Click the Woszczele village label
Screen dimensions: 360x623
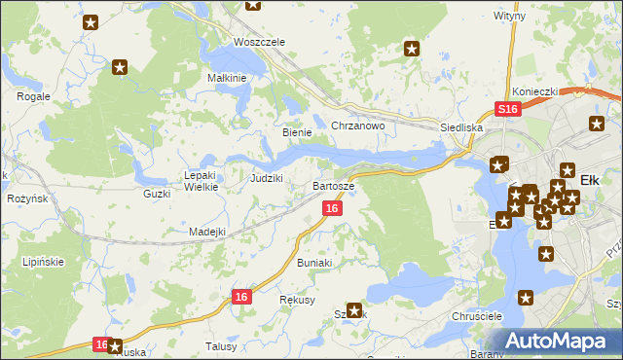tap(259, 42)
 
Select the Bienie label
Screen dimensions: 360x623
tap(296, 132)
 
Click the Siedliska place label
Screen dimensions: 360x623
tap(461, 127)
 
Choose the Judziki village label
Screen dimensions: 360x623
tap(267, 178)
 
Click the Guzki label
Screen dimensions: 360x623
tap(157, 194)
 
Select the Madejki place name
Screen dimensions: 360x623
tap(207, 232)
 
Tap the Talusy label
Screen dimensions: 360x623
tap(222, 345)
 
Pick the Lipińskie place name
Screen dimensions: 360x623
tap(45, 263)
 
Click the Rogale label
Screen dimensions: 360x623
tap(34, 96)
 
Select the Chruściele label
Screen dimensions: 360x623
tap(476, 317)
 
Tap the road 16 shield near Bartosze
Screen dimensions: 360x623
tap(333, 208)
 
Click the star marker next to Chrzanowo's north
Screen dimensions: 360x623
tap(412, 48)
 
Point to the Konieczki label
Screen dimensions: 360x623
tap(534, 91)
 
